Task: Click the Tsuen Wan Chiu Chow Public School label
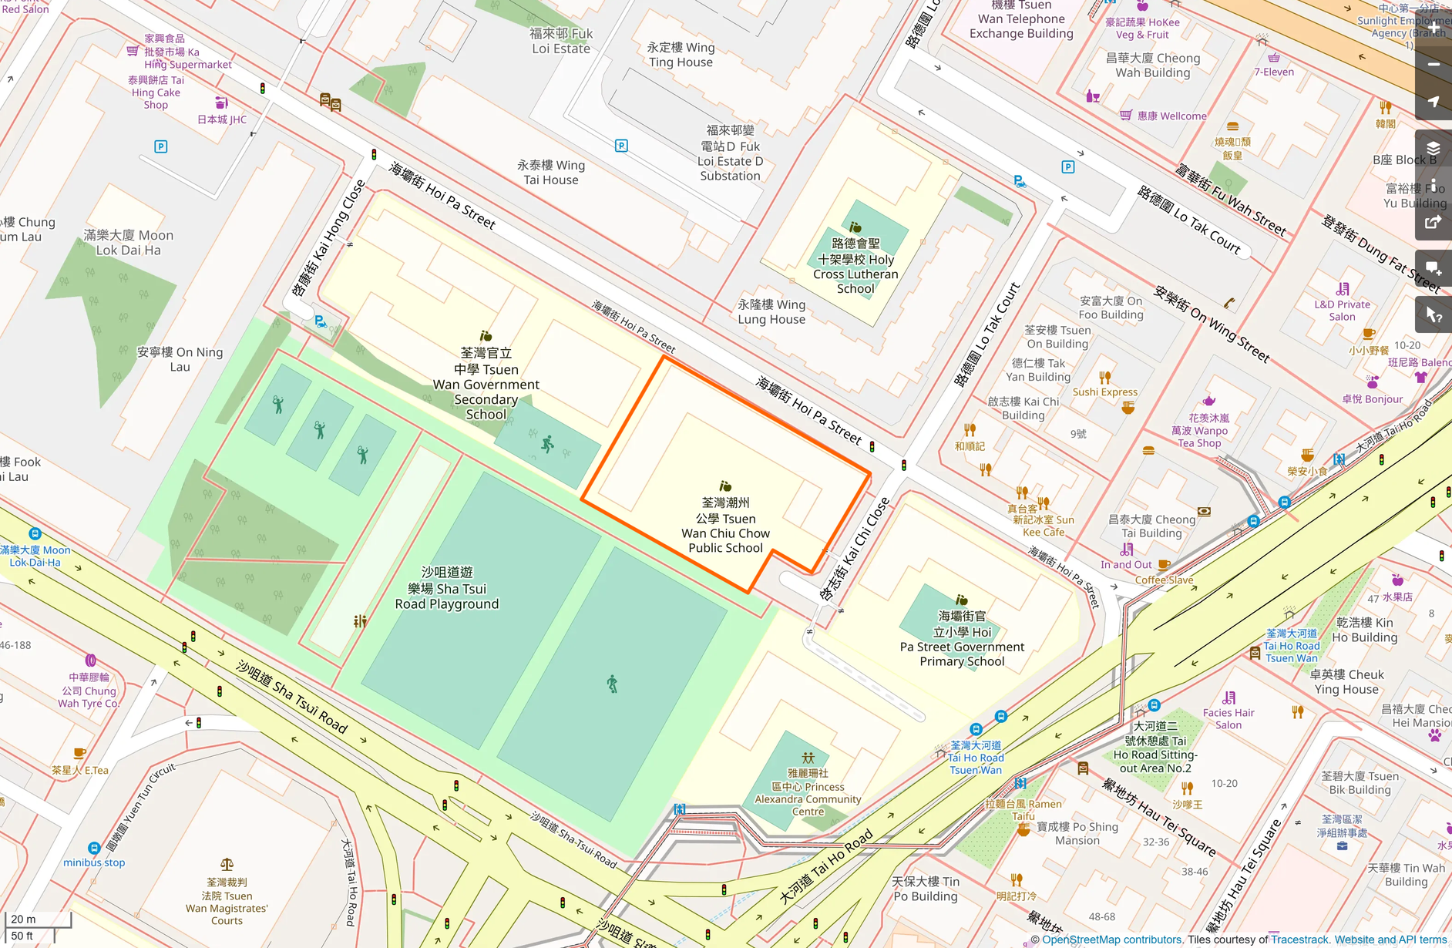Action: click(725, 525)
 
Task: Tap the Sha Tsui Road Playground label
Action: click(447, 588)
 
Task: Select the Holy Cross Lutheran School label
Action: click(855, 266)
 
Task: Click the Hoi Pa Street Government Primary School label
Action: click(962, 639)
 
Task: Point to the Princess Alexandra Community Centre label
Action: click(808, 792)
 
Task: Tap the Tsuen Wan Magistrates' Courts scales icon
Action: click(227, 865)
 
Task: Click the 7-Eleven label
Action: click(1274, 72)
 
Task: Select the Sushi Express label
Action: click(1104, 392)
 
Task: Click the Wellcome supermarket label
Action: click(1171, 116)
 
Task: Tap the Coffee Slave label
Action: click(1164, 580)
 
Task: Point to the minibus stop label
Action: click(94, 862)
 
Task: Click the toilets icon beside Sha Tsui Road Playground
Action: click(360, 620)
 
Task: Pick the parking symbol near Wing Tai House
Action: click(621, 146)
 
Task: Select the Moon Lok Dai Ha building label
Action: click(129, 242)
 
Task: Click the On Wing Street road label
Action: click(1212, 324)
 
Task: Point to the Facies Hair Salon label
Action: click(1228, 718)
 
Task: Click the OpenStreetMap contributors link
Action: click(1111, 940)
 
